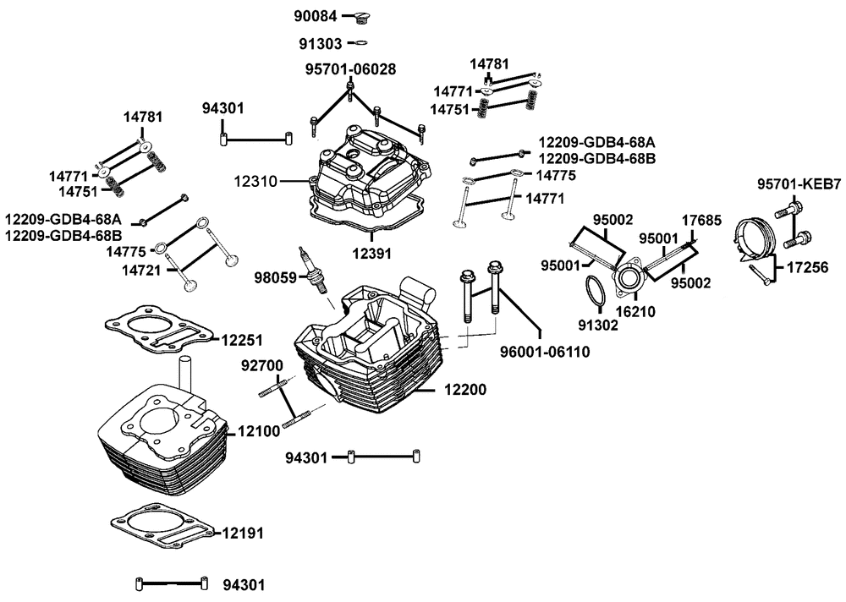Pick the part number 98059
pyautogui.click(x=275, y=276)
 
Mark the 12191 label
pyautogui.click(x=244, y=534)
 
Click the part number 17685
pyautogui.click(x=701, y=220)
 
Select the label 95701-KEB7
pyautogui.click(x=799, y=183)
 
